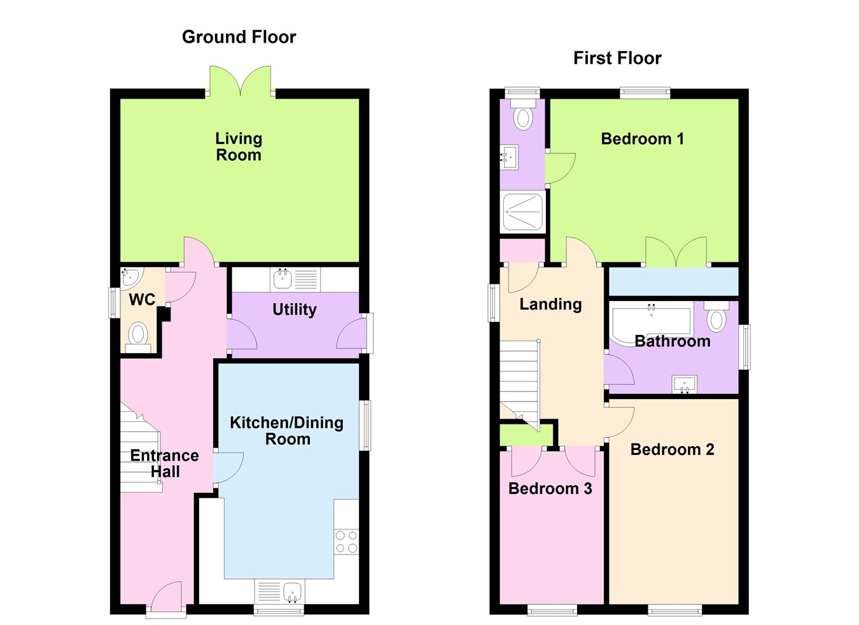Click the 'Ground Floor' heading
(x=239, y=37)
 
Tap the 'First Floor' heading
(x=617, y=58)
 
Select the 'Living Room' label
(x=239, y=146)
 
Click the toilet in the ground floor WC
(x=138, y=335)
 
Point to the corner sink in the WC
(x=130, y=276)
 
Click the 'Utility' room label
(x=294, y=309)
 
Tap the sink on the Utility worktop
(x=282, y=278)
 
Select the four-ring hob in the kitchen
(x=347, y=542)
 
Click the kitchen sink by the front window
(x=293, y=593)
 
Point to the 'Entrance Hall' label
(x=164, y=463)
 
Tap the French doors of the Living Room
(x=240, y=81)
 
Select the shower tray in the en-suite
(x=522, y=211)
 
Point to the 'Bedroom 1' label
(x=642, y=139)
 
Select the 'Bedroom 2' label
(x=672, y=449)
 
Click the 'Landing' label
(x=550, y=304)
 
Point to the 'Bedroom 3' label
(x=550, y=488)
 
